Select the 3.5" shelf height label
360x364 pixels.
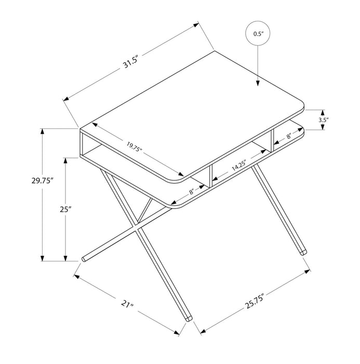point(323,120)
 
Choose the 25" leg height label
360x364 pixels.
point(64,209)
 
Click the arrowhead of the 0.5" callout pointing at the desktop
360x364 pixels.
point(258,83)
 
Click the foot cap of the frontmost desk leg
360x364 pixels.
point(188,316)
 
